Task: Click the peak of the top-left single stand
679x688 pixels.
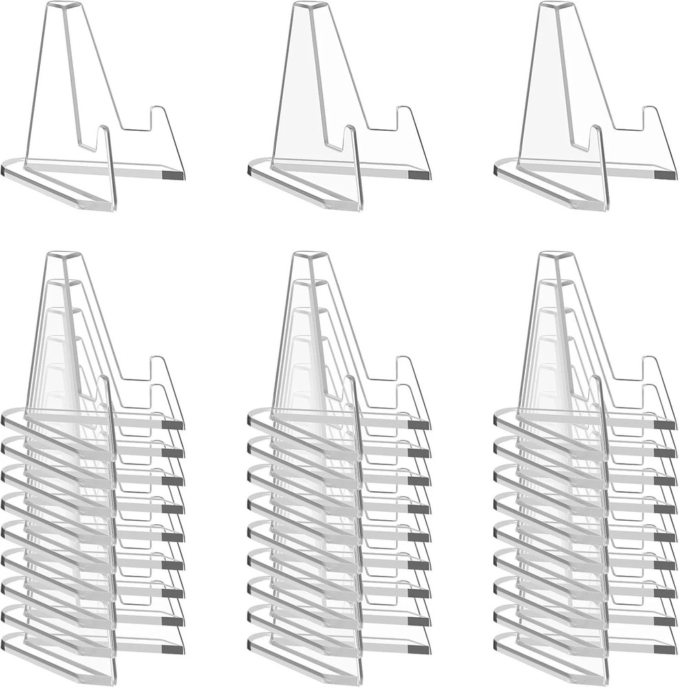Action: (65, 6)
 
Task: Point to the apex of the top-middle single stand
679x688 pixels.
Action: (311, 6)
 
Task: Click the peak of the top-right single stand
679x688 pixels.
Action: (557, 6)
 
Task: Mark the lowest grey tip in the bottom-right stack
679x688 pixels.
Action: (666, 648)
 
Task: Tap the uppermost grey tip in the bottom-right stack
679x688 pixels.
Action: (666, 425)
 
